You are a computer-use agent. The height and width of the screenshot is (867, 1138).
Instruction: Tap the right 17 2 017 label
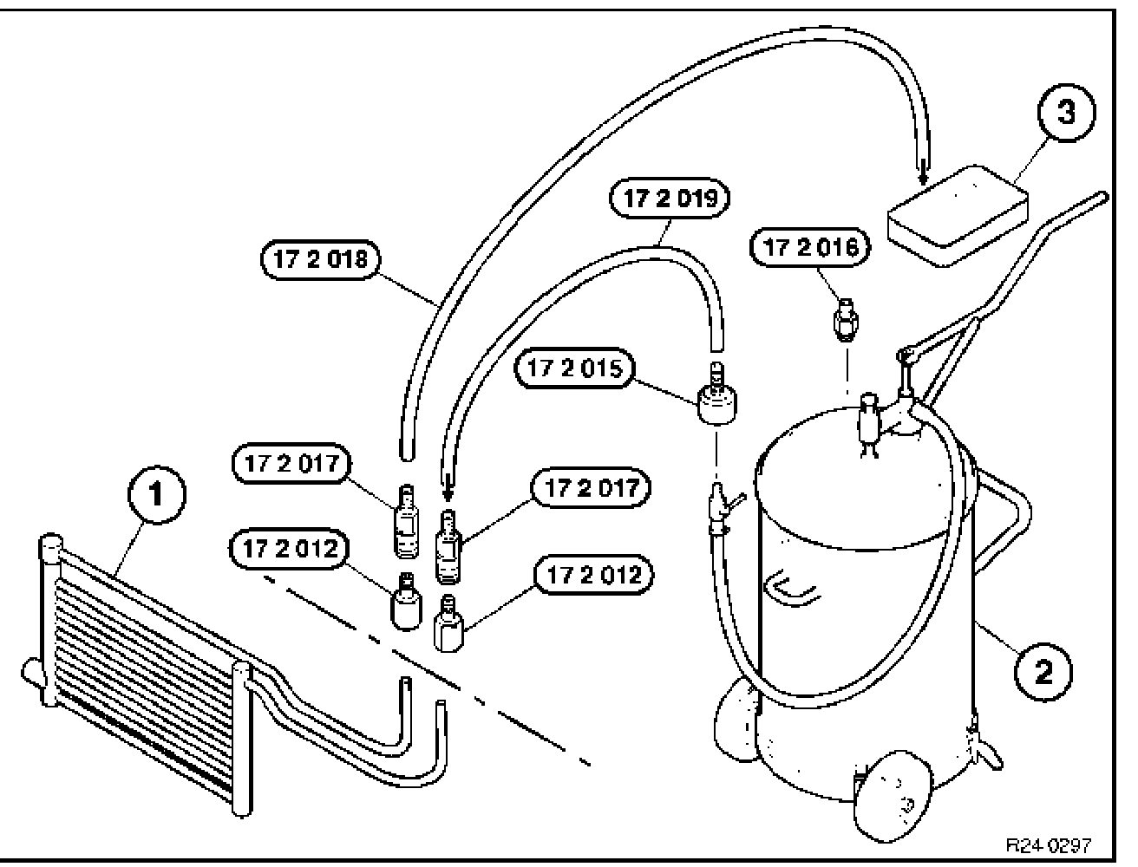tap(592, 488)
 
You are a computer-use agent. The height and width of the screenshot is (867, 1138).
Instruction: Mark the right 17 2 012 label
tap(593, 574)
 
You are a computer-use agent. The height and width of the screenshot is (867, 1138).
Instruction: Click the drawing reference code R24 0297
tap(1047, 844)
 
